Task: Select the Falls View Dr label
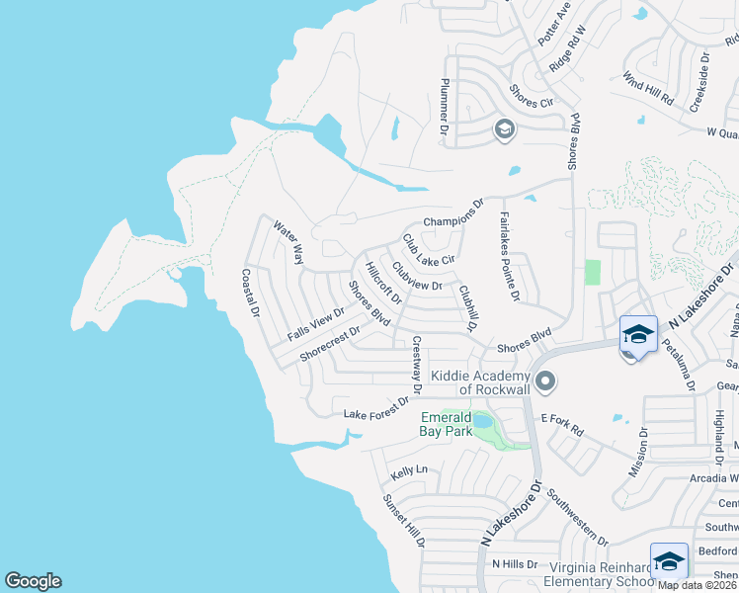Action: (316, 324)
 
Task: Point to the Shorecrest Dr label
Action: (329, 346)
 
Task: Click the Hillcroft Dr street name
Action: (382, 283)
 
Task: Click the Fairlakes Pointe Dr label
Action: (508, 256)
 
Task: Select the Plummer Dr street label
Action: (445, 107)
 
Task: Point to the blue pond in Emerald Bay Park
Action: (483, 422)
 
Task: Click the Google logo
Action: (33, 581)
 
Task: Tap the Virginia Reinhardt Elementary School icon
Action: (669, 561)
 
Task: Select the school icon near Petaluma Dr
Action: (638, 334)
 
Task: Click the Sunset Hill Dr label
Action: (404, 519)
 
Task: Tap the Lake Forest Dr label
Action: (375, 408)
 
